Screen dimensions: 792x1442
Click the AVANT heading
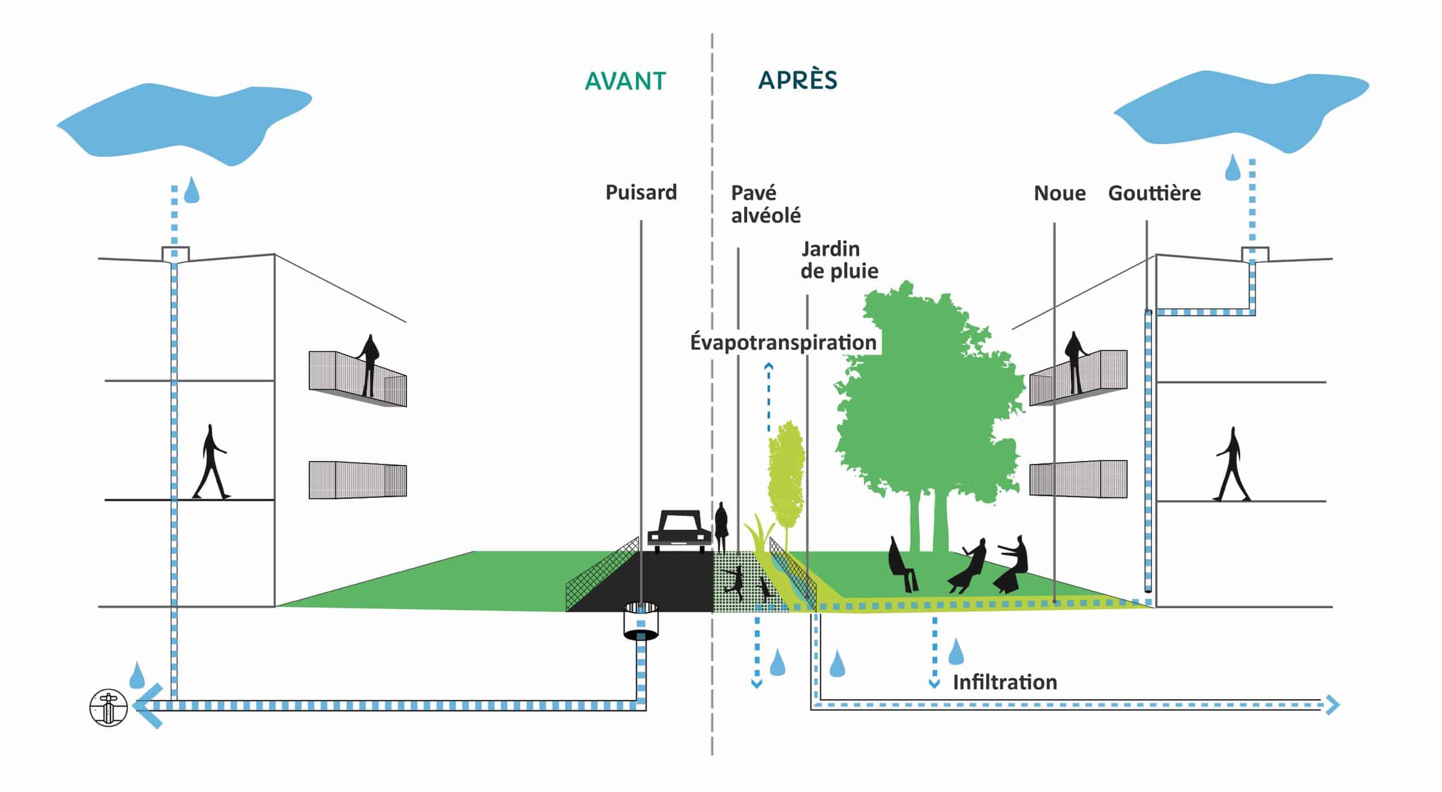(625, 81)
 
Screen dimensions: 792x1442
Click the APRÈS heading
(797, 80)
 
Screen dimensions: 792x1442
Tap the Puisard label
(641, 192)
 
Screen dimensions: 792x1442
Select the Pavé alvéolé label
(765, 204)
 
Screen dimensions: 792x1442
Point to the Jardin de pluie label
(839, 260)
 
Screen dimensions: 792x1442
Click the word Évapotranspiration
(783, 342)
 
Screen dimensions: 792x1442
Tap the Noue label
(1060, 193)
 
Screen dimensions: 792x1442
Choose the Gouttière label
(1154, 193)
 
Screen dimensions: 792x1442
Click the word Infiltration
(1005, 682)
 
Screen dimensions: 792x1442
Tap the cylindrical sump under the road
(641, 621)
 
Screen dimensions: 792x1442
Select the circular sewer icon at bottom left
(108, 707)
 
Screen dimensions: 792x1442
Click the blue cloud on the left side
(185, 121)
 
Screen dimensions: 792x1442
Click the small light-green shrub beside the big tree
(786, 473)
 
